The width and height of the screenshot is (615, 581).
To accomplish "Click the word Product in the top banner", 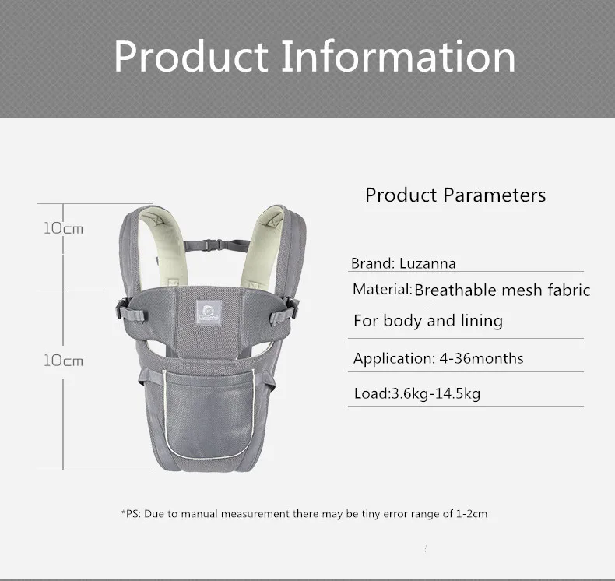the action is (191, 56).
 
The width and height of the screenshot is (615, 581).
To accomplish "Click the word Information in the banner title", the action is (399, 56).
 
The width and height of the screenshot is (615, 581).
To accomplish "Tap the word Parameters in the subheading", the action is (494, 195).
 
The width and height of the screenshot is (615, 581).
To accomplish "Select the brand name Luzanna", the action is (427, 263).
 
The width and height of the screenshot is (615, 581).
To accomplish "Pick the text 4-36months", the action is (481, 358).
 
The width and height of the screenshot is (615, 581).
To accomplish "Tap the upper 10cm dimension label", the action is (63, 228).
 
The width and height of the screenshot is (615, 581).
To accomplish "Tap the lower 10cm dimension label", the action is (63, 361).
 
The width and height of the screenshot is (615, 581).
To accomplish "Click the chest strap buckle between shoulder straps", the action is (210, 245).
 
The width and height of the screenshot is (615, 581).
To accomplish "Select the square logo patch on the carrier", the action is (209, 312).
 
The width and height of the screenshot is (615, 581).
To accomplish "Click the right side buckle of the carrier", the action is (291, 308).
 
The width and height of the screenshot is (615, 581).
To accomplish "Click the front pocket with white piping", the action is (209, 414).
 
